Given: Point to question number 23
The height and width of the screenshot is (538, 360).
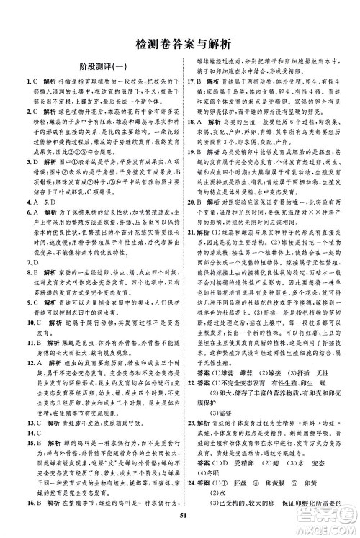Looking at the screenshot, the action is point(192,431).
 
